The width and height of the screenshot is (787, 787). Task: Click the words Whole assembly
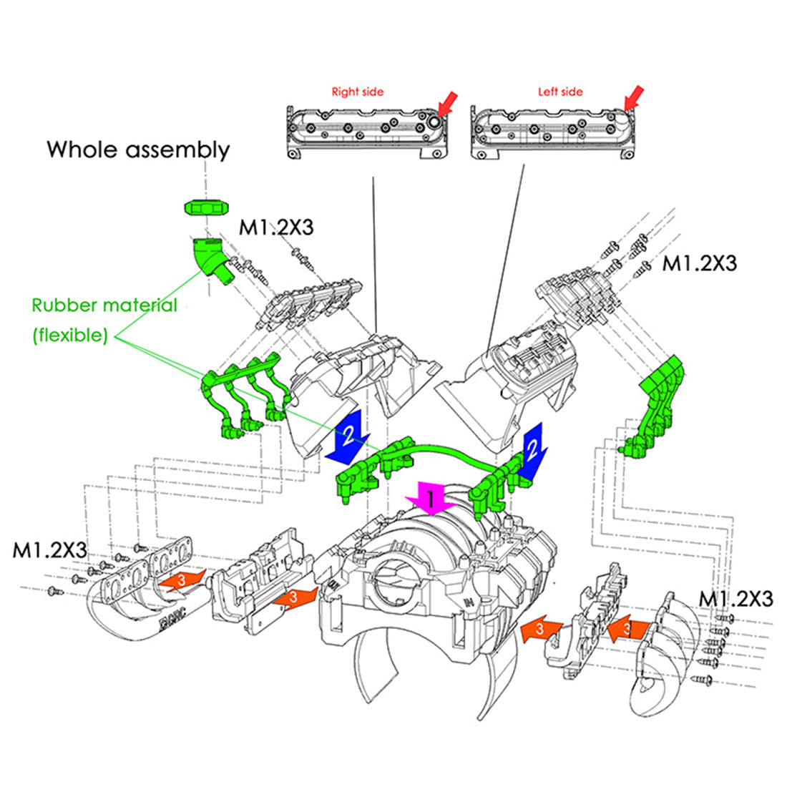coord(138,150)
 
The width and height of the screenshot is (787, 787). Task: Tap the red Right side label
coord(357,92)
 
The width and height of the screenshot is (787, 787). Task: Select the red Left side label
coord(560,92)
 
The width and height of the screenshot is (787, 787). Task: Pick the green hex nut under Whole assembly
coord(204,207)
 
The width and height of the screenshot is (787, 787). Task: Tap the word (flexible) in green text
coord(70,335)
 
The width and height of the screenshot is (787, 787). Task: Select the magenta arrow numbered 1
coord(431,498)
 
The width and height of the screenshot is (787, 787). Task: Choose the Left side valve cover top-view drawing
coord(553,132)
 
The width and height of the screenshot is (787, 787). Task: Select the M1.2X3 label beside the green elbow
coord(276,228)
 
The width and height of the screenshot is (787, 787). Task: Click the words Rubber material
coord(104,305)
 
